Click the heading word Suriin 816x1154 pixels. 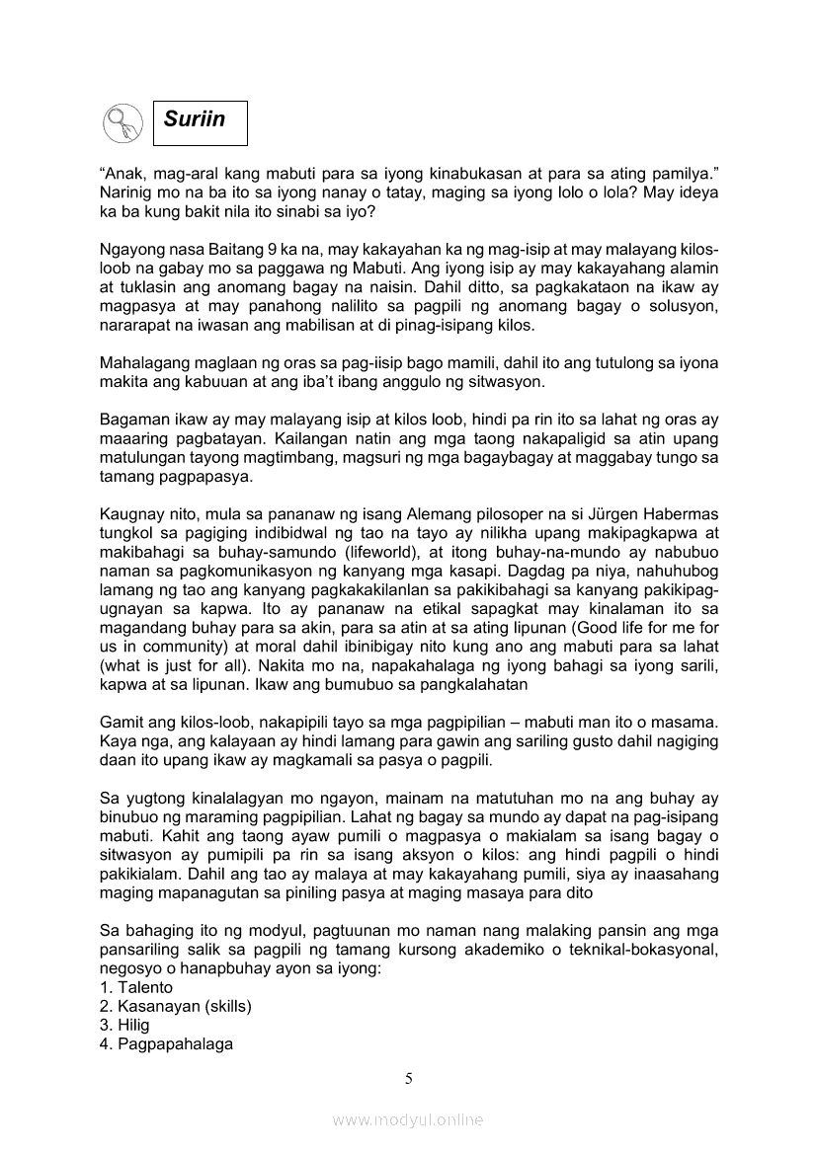click(x=195, y=120)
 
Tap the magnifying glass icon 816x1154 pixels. click(x=122, y=123)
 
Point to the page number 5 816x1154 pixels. click(x=408, y=1078)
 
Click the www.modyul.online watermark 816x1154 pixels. click(x=408, y=1120)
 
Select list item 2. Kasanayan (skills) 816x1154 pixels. click(x=176, y=1006)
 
